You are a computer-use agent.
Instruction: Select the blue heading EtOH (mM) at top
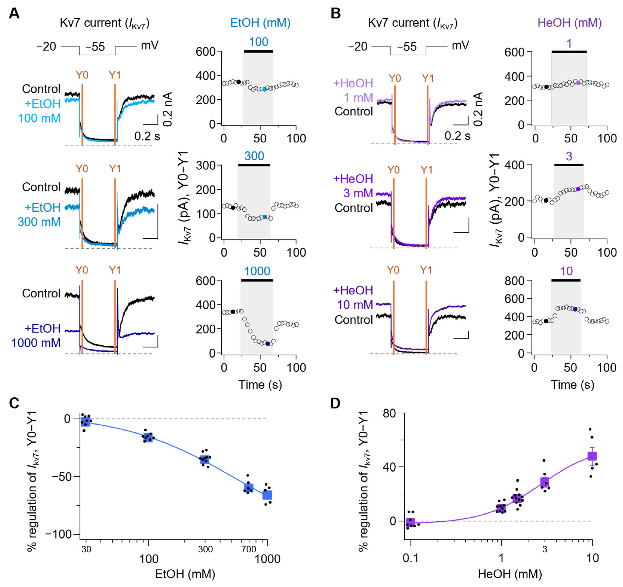(x=260, y=23)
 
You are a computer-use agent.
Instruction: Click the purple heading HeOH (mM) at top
(x=569, y=23)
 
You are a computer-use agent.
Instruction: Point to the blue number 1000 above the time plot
(x=257, y=271)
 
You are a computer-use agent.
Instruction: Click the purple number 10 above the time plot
(x=566, y=271)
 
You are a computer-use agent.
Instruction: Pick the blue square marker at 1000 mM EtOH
(x=267, y=495)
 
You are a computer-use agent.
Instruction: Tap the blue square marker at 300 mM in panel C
(x=205, y=460)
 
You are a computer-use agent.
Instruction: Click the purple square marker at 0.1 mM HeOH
(x=411, y=522)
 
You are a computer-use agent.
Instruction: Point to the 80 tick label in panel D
(x=390, y=413)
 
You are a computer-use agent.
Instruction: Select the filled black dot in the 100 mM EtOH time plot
(x=238, y=82)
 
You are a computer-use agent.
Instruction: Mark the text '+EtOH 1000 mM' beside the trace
(x=36, y=336)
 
